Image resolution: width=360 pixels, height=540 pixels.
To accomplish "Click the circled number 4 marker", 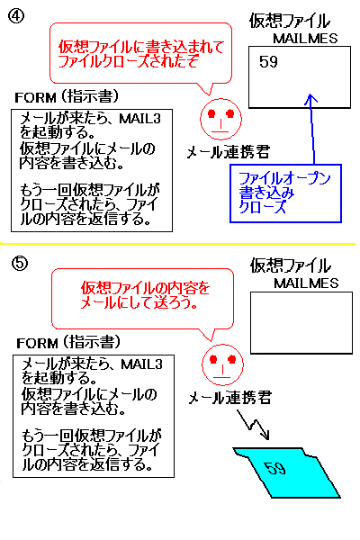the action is (x=16, y=16).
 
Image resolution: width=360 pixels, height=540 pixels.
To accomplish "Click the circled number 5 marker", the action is (x=20, y=264).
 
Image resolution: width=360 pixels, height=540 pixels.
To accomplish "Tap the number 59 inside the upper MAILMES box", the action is (x=268, y=62).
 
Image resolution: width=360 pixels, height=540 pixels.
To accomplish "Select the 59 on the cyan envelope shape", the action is (x=274, y=468).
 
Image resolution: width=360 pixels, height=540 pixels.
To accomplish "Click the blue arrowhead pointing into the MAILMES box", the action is (x=310, y=98).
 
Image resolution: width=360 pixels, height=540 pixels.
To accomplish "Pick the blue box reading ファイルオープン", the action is (x=285, y=193).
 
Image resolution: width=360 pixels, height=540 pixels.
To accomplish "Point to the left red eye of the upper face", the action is (x=211, y=113).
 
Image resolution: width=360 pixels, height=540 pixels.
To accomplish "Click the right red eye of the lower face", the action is (x=232, y=359).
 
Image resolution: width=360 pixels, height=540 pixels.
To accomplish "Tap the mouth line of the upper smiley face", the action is (x=220, y=131).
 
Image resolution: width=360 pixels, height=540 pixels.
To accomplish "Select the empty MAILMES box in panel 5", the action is (x=301, y=323).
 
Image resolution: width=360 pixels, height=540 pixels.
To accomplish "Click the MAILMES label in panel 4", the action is (x=305, y=38).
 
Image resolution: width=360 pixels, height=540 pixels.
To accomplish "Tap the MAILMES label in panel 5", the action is (x=306, y=283).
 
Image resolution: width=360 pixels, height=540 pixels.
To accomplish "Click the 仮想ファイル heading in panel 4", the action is (x=290, y=21).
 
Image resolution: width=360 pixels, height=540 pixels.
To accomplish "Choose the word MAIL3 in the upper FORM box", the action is (x=139, y=119).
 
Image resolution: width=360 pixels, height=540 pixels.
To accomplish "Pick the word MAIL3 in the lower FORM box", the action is (x=141, y=364).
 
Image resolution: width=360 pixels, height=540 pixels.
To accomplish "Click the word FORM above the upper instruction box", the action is (x=35, y=98).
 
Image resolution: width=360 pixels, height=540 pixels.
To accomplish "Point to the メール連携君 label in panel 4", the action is (x=228, y=152).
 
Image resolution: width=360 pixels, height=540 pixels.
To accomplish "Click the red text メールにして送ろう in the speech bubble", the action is (x=139, y=302).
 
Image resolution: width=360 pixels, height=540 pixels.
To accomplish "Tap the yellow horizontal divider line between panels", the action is (x=178, y=244).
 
